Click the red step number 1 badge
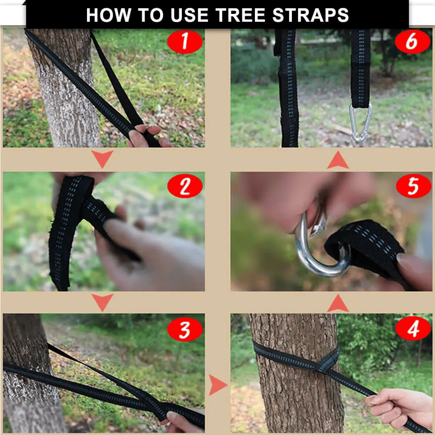185,42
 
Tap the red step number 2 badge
185,187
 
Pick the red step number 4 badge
412,329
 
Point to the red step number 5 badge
412,187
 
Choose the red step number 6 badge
412,42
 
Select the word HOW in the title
107,15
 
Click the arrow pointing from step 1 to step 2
103,158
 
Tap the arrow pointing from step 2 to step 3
103,302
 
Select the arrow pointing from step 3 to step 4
217,385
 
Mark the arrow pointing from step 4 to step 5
338,303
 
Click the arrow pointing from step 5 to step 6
338,161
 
